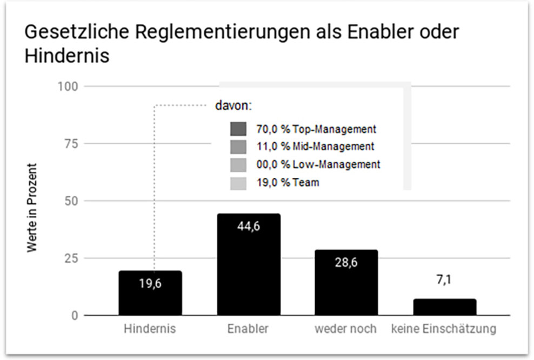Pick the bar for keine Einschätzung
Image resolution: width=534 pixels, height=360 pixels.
pyautogui.click(x=445, y=307)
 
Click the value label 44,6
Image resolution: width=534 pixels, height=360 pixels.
pyautogui.click(x=249, y=226)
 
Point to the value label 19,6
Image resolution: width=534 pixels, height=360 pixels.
pyautogui.click(x=150, y=284)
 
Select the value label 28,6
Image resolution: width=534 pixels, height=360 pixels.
pyautogui.click(x=346, y=263)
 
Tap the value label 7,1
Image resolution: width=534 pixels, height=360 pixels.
pyautogui.click(x=444, y=281)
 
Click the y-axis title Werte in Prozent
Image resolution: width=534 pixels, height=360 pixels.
pyautogui.click(x=32, y=208)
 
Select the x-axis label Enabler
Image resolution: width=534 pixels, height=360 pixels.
pyautogui.click(x=249, y=329)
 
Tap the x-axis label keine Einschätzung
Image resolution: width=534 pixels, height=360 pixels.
pyautogui.click(x=444, y=329)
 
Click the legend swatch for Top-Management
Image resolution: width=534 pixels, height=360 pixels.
pyautogui.click(x=238, y=129)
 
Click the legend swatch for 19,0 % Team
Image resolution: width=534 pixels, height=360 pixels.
pyautogui.click(x=238, y=183)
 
